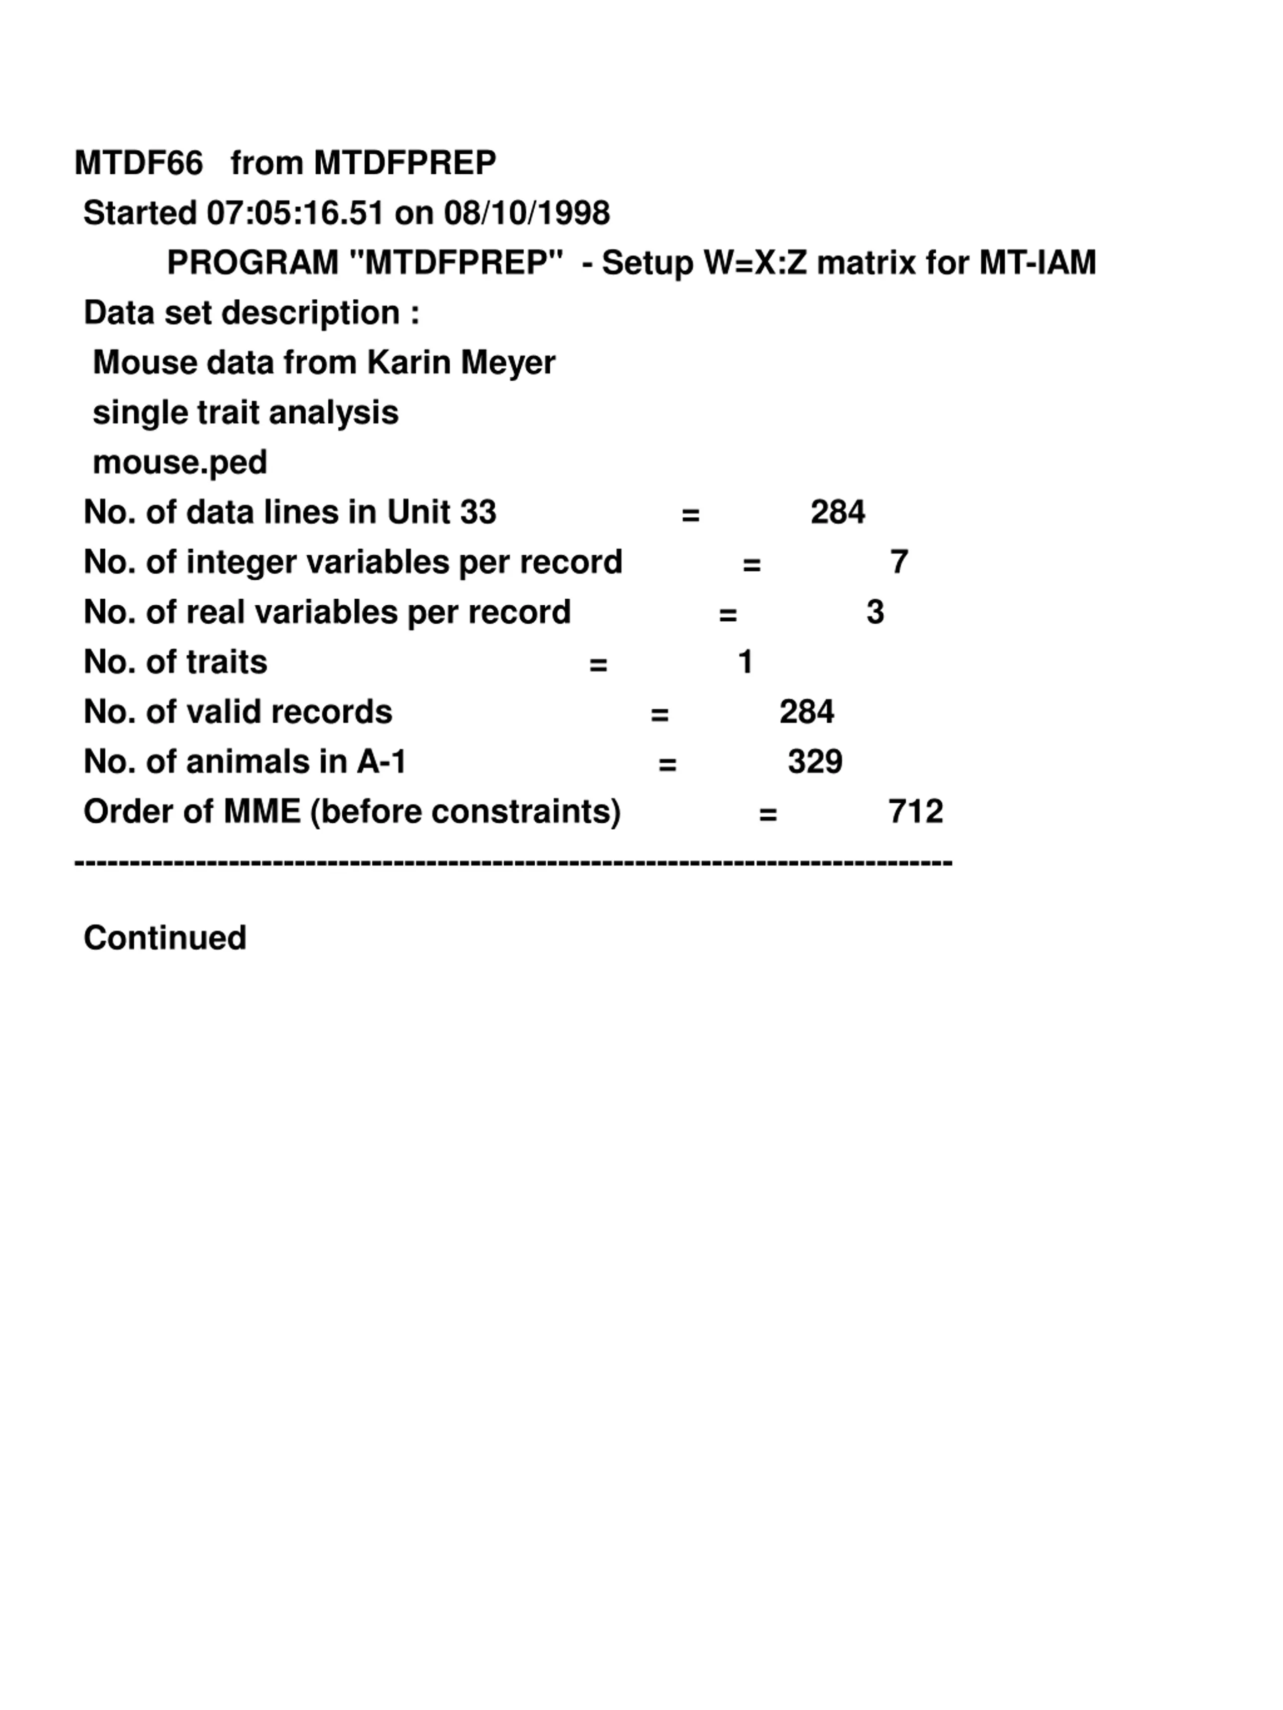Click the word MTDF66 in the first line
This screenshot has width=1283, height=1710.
click(x=138, y=163)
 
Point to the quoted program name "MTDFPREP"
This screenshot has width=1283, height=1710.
click(x=456, y=263)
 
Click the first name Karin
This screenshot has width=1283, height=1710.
click(x=408, y=363)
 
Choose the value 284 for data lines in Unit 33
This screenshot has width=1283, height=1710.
click(x=837, y=512)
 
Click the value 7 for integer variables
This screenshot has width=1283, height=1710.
click(x=899, y=562)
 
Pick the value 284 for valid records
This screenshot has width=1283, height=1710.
click(x=806, y=712)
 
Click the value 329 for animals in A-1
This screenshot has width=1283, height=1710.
click(x=815, y=762)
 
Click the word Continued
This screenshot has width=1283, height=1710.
click(x=165, y=938)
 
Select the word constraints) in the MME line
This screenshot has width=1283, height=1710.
click(x=526, y=812)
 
